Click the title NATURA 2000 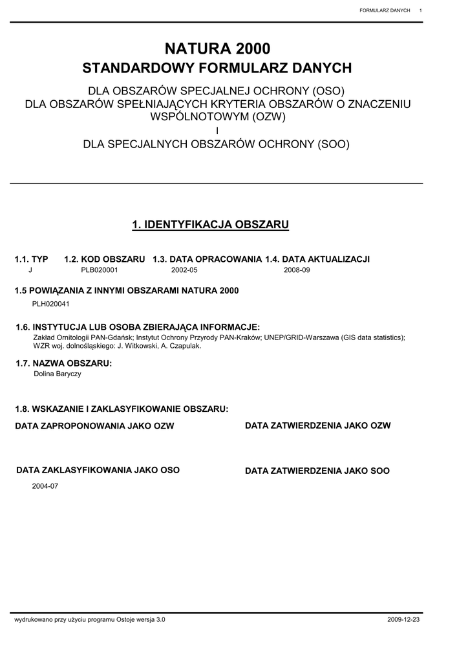(x=217, y=48)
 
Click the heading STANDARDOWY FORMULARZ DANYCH (x=217, y=69)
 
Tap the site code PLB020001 (x=100, y=270)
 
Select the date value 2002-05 (x=184, y=270)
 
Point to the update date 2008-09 (x=297, y=270)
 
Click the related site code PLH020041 (x=51, y=303)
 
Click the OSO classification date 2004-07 (x=45, y=486)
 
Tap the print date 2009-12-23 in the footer (x=403, y=619)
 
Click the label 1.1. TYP (x=31, y=259)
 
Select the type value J (x=30, y=270)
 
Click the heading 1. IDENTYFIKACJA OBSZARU (x=211, y=225)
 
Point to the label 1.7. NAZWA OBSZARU (x=63, y=364)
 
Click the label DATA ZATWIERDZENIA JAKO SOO (x=317, y=471)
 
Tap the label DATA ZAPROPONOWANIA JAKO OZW (x=94, y=426)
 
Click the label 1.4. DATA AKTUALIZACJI (x=317, y=259)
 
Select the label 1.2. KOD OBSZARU (x=105, y=259)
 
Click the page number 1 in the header (x=421, y=10)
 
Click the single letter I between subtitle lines (x=217, y=131)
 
